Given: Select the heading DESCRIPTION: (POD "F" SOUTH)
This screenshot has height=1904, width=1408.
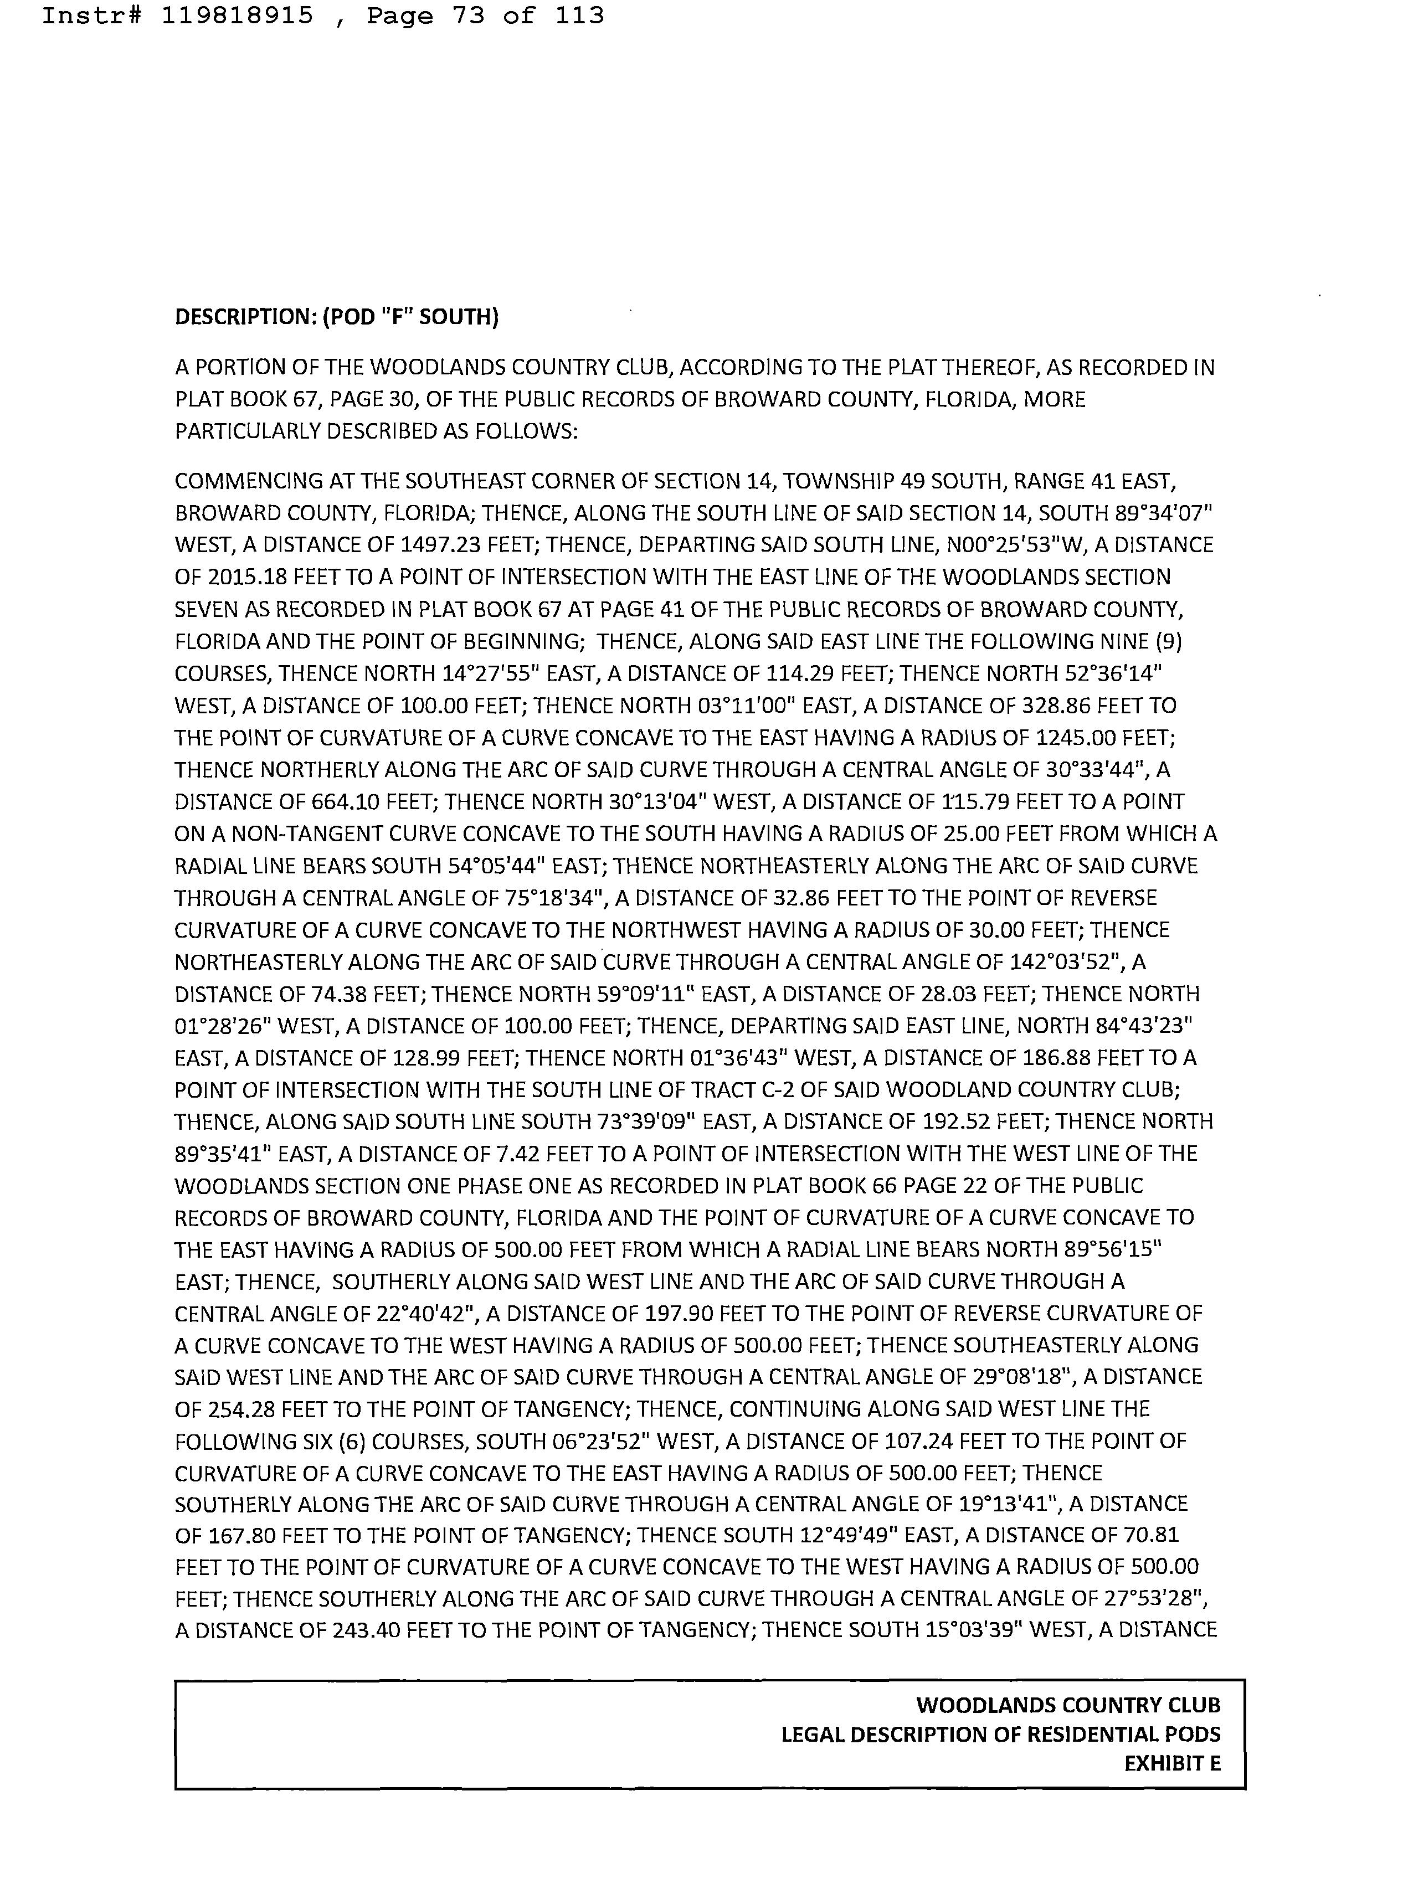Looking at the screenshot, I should click(337, 317).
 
